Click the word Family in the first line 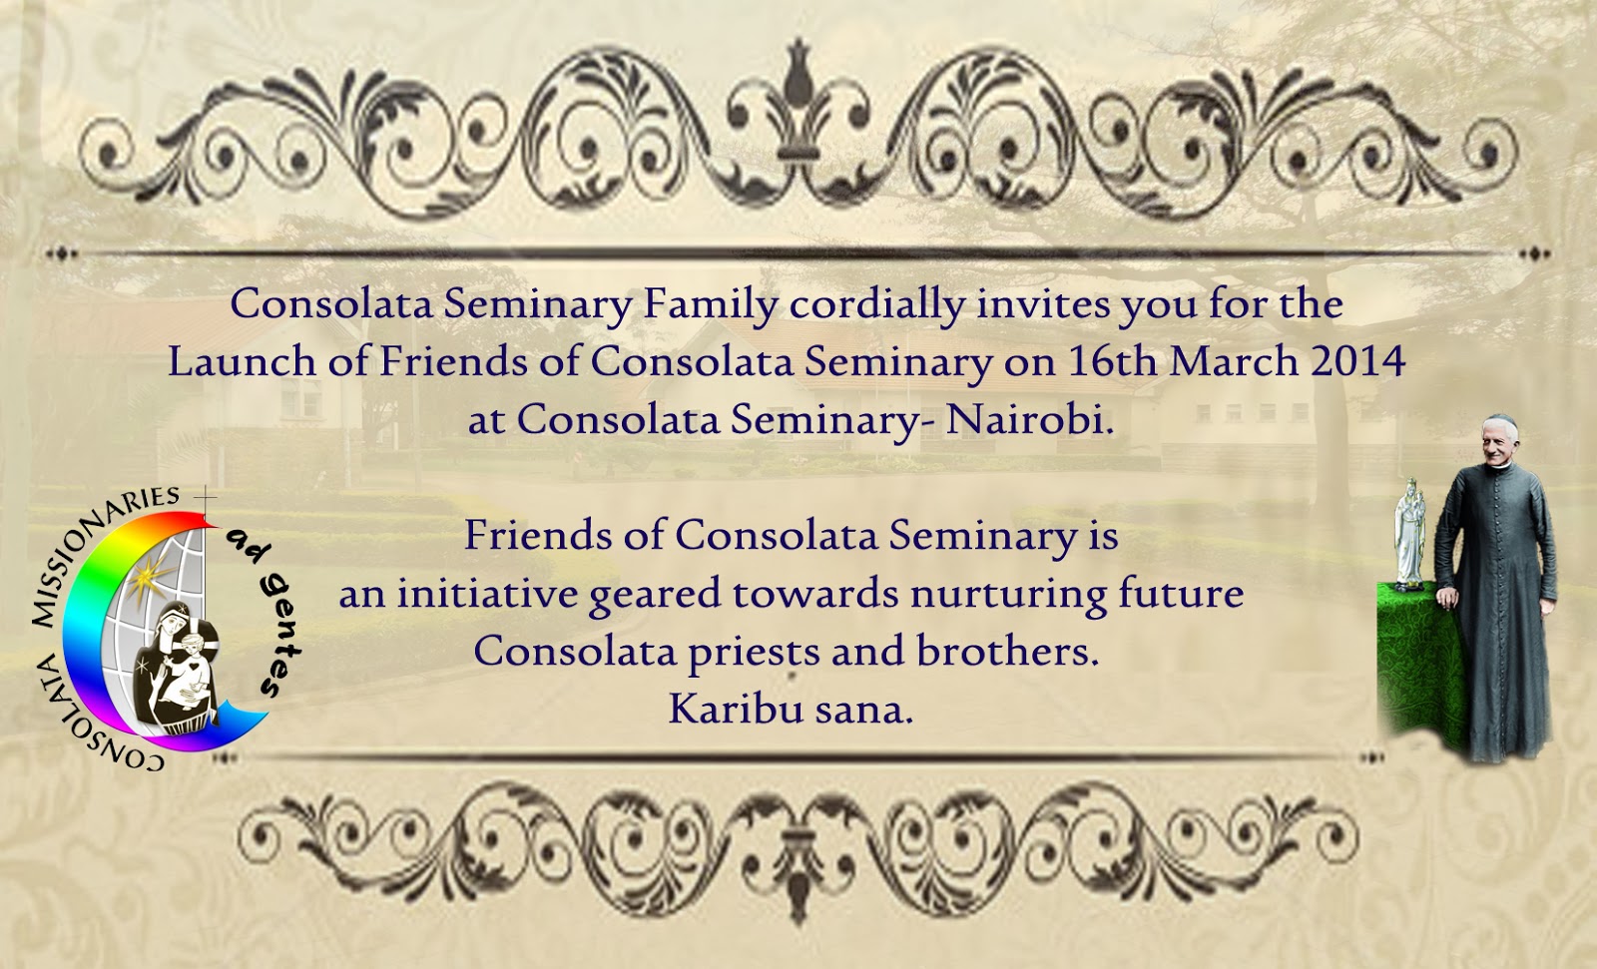(x=710, y=304)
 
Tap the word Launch (x=240, y=361)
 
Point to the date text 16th (x=1112, y=361)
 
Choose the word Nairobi (x=1029, y=419)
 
